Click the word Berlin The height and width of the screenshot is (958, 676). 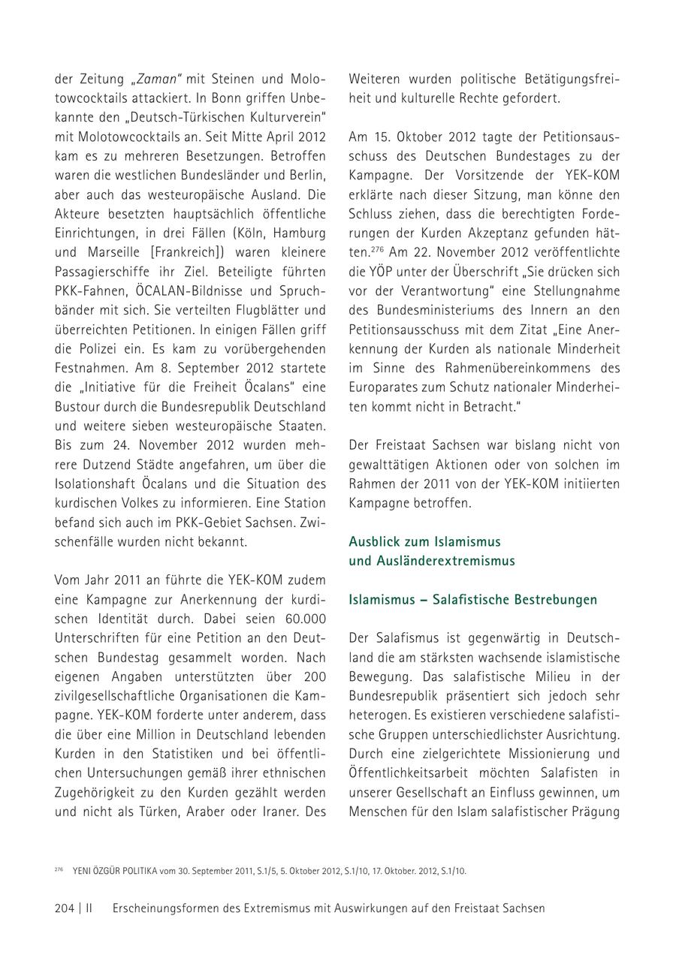(x=308, y=175)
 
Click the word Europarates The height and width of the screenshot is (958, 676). (x=384, y=387)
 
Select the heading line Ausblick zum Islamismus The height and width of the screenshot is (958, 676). (x=424, y=541)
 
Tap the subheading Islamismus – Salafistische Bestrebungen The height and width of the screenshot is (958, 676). (x=473, y=600)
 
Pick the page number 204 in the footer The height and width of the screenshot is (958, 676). (x=65, y=908)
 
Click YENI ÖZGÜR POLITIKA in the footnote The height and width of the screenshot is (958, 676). (x=115, y=871)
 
